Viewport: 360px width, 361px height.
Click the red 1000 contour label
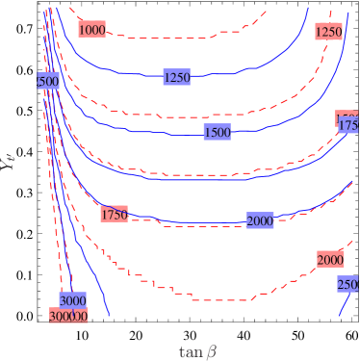tap(91, 30)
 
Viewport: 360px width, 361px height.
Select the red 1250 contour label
tap(328, 32)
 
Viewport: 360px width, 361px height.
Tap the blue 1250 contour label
tap(177, 77)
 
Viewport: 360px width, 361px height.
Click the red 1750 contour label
tap(114, 214)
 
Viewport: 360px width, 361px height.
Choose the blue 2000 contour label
tap(260, 220)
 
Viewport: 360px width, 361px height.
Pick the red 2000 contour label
tap(330, 260)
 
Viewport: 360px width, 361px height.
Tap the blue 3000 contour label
tap(73, 300)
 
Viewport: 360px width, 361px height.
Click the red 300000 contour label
tap(69, 316)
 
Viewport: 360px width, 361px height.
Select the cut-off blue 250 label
tap(347, 283)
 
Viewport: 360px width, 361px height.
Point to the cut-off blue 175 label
tap(348, 125)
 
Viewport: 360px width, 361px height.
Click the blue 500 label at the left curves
tap(47, 82)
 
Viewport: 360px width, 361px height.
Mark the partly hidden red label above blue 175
tap(347, 116)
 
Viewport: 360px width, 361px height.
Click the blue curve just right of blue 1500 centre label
tap(250, 132)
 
